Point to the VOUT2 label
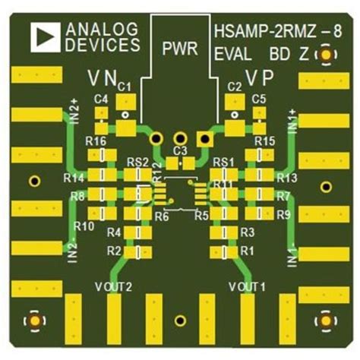114,286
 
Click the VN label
102,77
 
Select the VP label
259,77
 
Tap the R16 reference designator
96,142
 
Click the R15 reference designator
264,142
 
